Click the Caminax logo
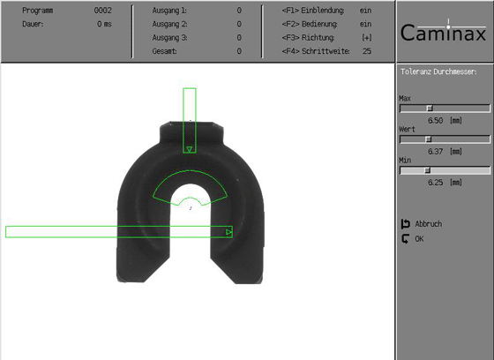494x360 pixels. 443,32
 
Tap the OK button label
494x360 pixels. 419,239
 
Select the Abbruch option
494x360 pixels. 428,224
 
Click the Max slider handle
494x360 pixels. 430,109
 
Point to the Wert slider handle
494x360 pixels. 429,139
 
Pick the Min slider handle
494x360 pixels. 428,170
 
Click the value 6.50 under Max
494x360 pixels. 436,120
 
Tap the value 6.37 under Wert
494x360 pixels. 436,151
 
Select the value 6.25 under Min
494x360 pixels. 436,183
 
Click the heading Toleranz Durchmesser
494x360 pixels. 438,71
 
